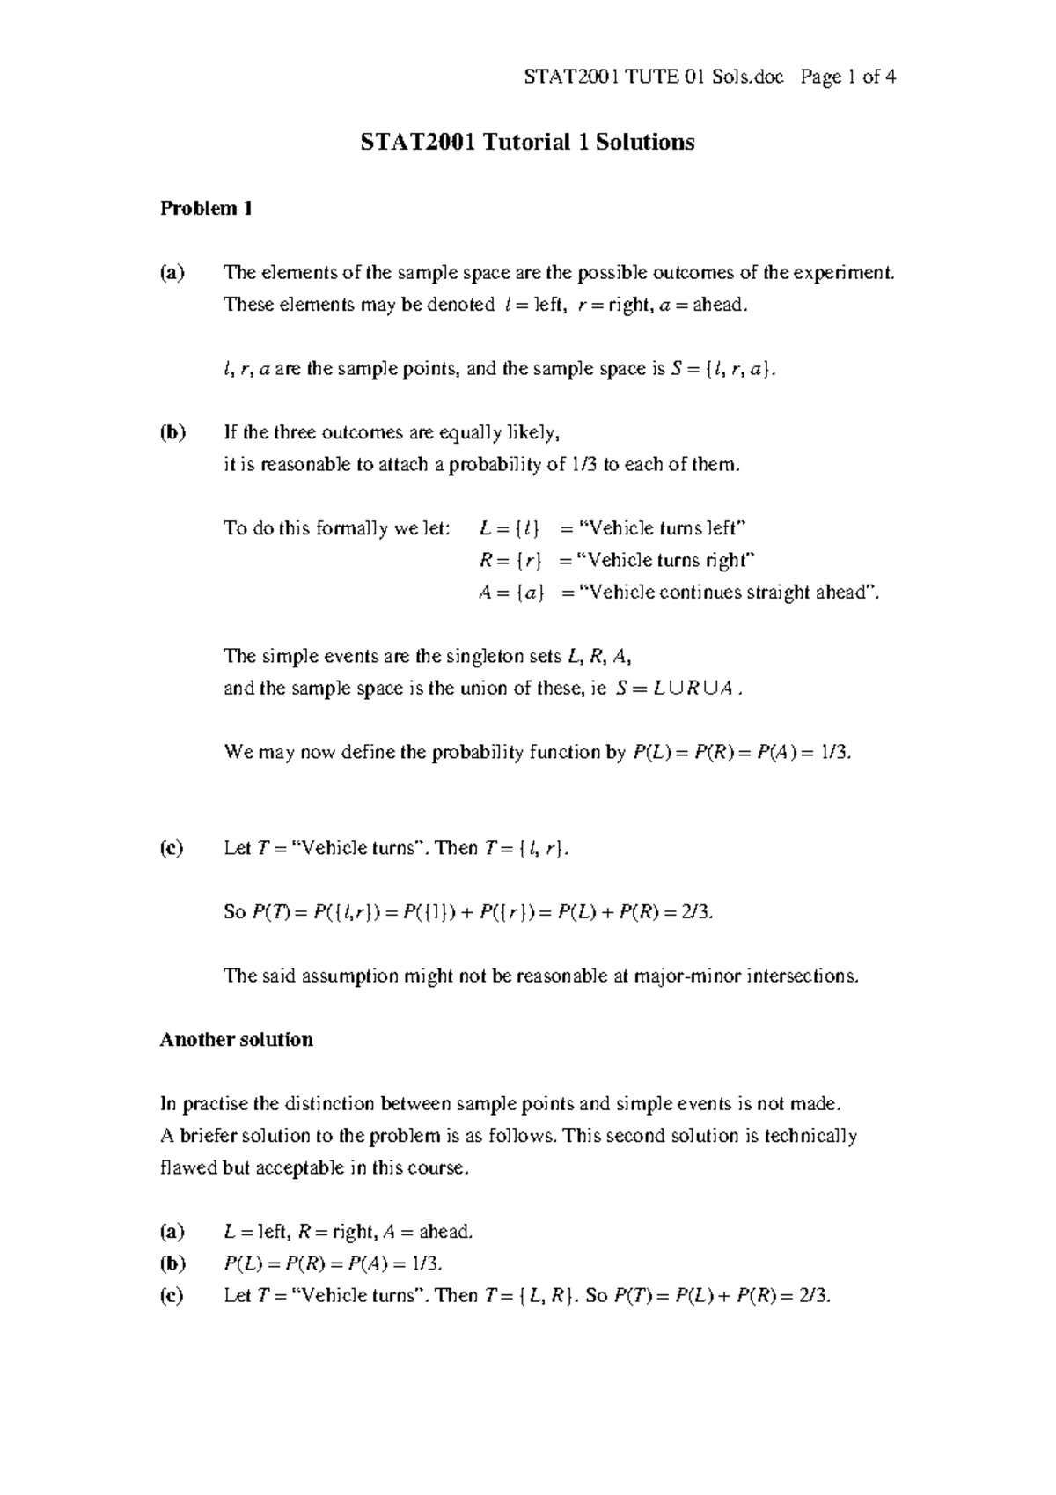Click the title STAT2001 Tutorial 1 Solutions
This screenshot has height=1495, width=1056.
pyautogui.click(x=527, y=143)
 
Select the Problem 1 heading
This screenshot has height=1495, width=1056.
pyautogui.click(x=207, y=209)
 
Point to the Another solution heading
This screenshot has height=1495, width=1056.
pyautogui.click(x=236, y=1040)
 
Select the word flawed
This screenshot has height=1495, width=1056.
pyautogui.click(x=185, y=1168)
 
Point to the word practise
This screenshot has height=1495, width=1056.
pyautogui.click(x=214, y=1104)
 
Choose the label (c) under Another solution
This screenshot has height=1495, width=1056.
pyautogui.click(x=172, y=1296)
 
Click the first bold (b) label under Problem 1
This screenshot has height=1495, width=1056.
pyautogui.click(x=172, y=433)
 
